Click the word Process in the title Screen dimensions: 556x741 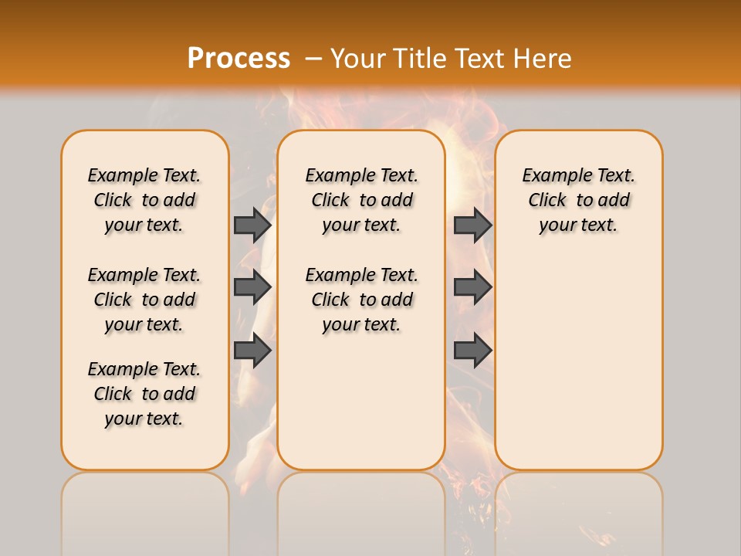(239, 58)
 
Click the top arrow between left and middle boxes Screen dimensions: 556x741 (252, 225)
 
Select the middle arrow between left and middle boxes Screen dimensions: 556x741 (252, 287)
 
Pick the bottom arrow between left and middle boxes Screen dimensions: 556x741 (252, 351)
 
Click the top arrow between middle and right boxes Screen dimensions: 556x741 (472, 225)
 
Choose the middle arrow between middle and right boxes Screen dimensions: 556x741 (472, 287)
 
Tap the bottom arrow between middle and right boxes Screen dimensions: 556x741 (472, 351)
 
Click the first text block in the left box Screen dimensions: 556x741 (144, 200)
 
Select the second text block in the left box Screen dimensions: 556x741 (144, 300)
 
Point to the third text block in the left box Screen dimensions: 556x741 (144, 394)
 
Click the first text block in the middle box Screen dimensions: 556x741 (362, 200)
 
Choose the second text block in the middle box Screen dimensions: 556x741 (362, 300)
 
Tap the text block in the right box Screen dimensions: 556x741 (579, 200)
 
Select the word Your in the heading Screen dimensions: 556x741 (358, 58)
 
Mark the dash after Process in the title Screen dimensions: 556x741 (313, 58)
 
